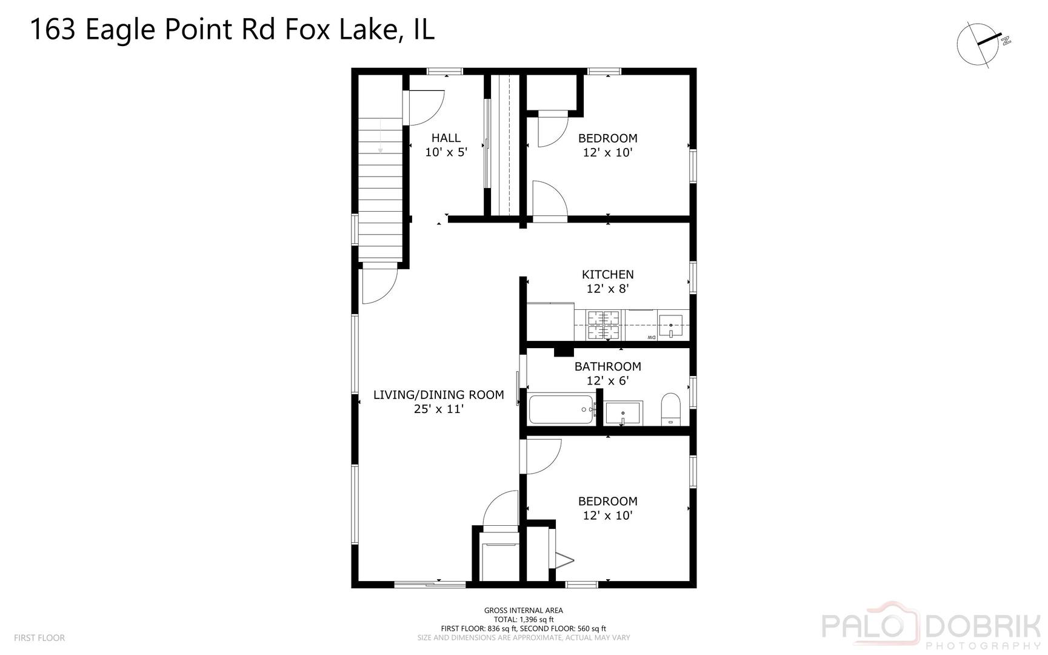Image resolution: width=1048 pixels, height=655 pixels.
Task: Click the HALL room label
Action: pyautogui.click(x=446, y=138)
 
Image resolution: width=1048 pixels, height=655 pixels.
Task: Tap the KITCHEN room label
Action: pyautogui.click(x=607, y=275)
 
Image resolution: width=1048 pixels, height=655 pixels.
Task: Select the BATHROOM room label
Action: pyautogui.click(x=607, y=366)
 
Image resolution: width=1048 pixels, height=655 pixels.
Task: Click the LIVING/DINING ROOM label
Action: pyautogui.click(x=438, y=395)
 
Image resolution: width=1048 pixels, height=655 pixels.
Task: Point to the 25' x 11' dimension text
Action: pyautogui.click(x=438, y=409)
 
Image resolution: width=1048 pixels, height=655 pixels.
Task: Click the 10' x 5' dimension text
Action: pyautogui.click(x=446, y=152)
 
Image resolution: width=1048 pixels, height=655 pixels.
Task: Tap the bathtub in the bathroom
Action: pyautogui.click(x=561, y=409)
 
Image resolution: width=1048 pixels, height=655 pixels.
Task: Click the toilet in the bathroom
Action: pyautogui.click(x=671, y=409)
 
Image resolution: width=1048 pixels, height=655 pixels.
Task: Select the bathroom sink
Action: pyautogui.click(x=623, y=413)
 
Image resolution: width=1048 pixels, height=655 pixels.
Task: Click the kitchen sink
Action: pyautogui.click(x=671, y=325)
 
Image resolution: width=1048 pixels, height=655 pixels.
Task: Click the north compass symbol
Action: pyautogui.click(x=978, y=44)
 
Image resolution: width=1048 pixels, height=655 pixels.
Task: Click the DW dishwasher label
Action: pyautogui.click(x=651, y=337)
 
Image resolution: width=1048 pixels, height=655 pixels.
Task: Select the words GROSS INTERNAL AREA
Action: pyautogui.click(x=523, y=611)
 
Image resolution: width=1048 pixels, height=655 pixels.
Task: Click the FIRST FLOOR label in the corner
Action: pyautogui.click(x=39, y=638)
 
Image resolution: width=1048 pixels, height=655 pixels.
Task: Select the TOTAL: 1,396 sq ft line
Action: pyautogui.click(x=523, y=620)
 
